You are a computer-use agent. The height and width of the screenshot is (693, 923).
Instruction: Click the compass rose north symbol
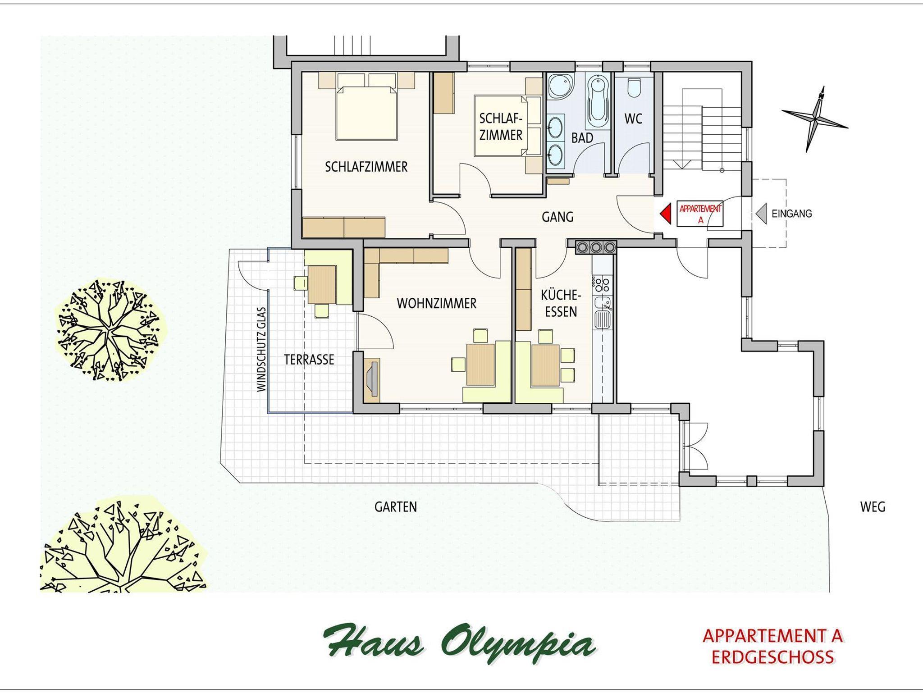[814, 119]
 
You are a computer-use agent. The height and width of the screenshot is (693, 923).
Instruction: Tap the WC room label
[633, 119]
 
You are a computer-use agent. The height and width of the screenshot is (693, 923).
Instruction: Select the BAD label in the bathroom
[582, 138]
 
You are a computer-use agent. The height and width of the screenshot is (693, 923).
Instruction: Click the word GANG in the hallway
[557, 217]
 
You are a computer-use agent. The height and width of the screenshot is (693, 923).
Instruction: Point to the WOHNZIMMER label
[436, 303]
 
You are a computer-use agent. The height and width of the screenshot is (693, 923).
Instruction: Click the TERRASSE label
[309, 359]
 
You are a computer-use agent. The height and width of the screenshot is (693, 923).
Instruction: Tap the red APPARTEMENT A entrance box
[700, 213]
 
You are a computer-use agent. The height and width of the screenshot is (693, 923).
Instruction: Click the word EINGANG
[792, 214]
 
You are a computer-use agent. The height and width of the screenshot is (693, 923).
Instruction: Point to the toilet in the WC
[635, 88]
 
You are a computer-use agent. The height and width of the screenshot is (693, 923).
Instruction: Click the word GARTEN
[396, 507]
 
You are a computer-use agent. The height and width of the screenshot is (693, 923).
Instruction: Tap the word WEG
[873, 507]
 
